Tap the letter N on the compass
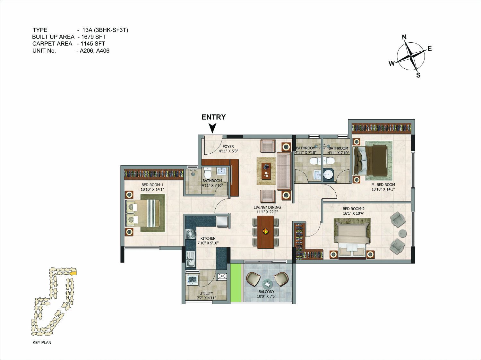point(404,37)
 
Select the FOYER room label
point(228,147)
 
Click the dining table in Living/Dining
point(265,232)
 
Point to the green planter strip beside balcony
point(236,283)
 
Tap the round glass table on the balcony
point(267,284)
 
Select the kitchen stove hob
point(191,234)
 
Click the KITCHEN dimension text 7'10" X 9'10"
point(208,243)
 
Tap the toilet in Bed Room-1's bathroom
point(207,173)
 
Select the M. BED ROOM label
point(383,185)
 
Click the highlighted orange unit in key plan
point(73,273)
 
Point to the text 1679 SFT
point(94,37)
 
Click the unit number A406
point(103,51)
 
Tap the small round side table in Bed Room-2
point(402,233)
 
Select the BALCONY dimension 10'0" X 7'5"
point(266,296)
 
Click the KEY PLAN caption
point(42,342)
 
